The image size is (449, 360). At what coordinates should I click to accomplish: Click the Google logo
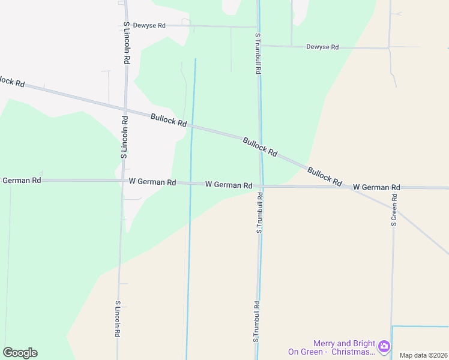20,353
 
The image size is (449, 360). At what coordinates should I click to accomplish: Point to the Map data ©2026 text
424,355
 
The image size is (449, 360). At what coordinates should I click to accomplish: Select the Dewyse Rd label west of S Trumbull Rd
149,25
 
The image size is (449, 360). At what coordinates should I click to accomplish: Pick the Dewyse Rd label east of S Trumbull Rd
322,47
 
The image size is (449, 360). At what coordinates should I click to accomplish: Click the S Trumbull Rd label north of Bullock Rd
258,53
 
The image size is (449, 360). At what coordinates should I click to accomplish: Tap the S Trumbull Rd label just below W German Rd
259,212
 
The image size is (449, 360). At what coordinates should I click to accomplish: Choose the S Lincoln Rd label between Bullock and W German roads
124,137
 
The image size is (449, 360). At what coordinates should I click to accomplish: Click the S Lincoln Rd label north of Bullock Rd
127,43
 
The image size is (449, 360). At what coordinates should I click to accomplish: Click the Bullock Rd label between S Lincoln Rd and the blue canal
169,120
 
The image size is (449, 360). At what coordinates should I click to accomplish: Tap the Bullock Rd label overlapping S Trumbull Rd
260,148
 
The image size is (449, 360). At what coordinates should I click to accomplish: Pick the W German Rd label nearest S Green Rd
376,188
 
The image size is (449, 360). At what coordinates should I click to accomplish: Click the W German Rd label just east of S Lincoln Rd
152,182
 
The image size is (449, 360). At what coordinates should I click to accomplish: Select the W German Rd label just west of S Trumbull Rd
228,185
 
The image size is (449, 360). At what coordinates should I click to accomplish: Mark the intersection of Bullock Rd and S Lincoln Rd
125,109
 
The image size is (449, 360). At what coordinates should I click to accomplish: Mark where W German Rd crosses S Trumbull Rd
261,186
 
